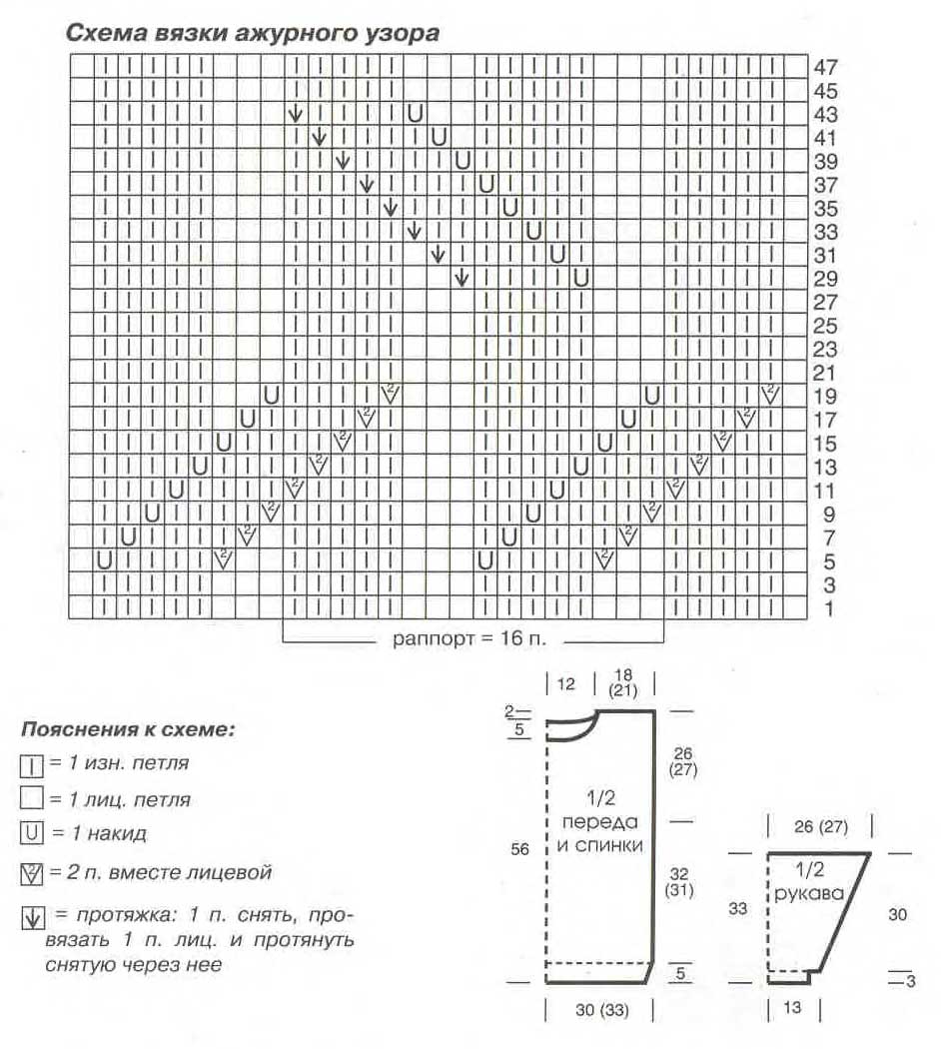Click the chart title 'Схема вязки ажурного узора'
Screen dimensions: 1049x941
pyautogui.click(x=252, y=32)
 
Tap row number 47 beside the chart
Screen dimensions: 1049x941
pyautogui.click(x=825, y=68)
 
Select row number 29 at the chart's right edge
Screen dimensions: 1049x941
pyautogui.click(x=825, y=279)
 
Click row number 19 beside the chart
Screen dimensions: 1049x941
pyautogui.click(x=825, y=397)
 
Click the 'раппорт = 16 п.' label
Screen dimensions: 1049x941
pyautogui.click(x=473, y=638)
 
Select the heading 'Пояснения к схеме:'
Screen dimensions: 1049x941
pyautogui.click(x=128, y=728)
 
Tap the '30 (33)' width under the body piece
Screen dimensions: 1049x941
pyautogui.click(x=601, y=1009)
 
